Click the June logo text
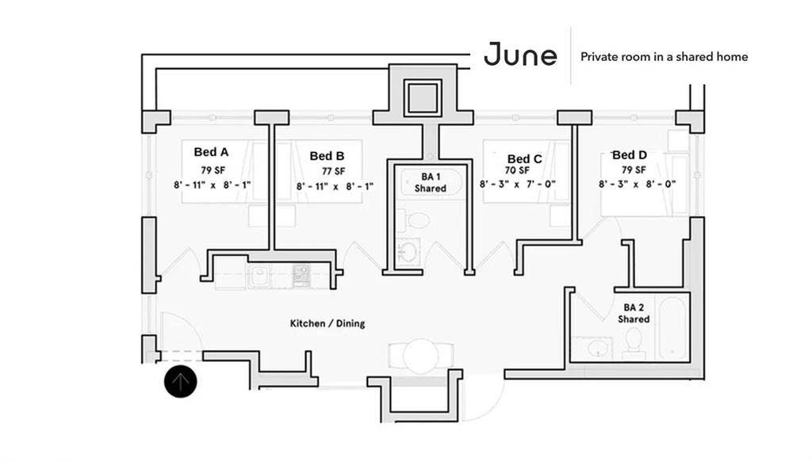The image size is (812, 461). point(520,55)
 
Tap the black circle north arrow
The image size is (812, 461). point(181,382)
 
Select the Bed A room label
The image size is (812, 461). point(211,152)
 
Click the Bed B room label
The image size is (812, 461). point(327,156)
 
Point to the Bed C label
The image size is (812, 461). point(524,159)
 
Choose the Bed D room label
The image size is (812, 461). point(630,155)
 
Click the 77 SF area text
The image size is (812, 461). point(334,171)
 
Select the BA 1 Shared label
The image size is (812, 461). point(431,183)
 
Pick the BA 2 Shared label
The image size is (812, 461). point(634,312)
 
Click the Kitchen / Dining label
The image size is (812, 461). point(327,323)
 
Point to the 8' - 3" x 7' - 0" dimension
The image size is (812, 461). point(517,184)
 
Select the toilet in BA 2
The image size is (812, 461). point(634,341)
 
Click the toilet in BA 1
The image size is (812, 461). point(418,220)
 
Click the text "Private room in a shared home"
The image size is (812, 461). point(664,57)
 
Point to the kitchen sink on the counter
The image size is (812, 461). point(259,276)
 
